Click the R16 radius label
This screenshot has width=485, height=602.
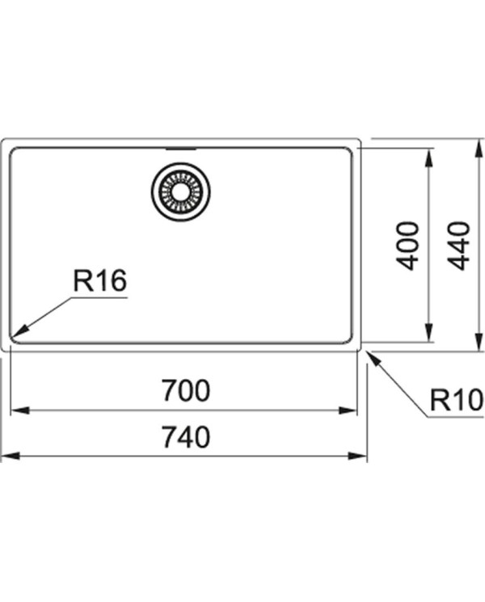point(99,280)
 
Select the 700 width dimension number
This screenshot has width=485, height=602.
point(186,390)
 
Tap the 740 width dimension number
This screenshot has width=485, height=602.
point(186,436)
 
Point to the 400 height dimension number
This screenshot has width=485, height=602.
point(407,246)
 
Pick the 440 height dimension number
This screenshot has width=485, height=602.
point(459,246)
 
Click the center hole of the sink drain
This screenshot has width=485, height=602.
point(181,192)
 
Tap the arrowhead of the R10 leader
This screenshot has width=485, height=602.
point(374,359)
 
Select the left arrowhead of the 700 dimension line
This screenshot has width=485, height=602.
point(20,410)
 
